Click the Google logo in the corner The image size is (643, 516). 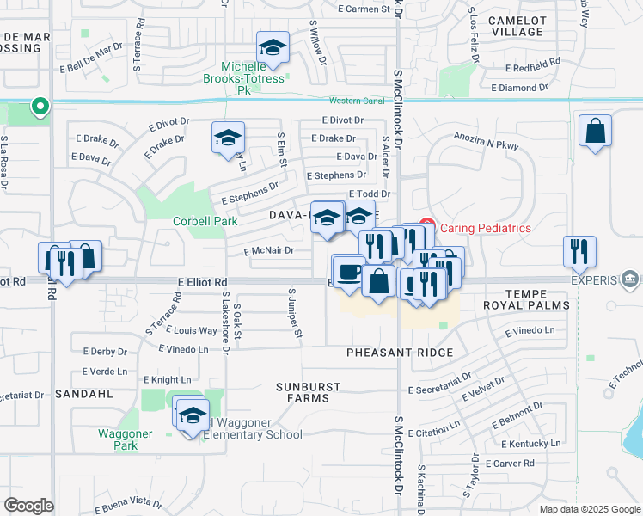pos(29,506)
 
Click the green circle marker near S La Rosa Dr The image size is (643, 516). pos(39,107)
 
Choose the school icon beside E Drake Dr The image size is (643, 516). pos(229,138)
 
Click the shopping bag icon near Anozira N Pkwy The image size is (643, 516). pos(595,132)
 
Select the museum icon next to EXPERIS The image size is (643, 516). pos(629,279)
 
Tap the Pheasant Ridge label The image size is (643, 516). pos(400,353)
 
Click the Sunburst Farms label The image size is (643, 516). pos(308,393)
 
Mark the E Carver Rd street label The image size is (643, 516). pos(510,463)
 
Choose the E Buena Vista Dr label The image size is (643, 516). pos(129,504)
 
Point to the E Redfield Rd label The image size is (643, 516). pos(532,68)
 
